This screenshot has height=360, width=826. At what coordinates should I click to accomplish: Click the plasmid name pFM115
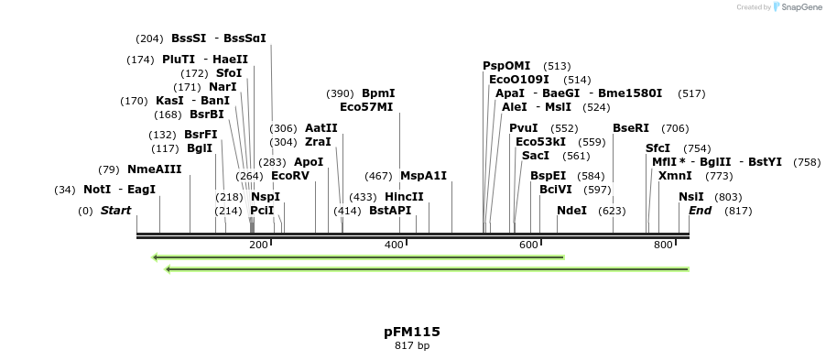coord(412,332)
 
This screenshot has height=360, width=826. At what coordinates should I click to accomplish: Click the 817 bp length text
coord(412,346)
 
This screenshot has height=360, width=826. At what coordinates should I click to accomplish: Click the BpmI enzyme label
coord(378,93)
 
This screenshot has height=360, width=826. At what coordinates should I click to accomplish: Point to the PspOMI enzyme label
coord(506,66)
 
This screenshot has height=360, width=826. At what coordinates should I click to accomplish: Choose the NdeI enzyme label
coord(571,211)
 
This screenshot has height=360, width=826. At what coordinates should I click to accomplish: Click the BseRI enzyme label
coord(630,128)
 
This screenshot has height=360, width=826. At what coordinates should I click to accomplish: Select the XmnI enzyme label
coord(675,176)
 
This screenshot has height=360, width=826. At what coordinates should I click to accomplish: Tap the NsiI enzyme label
coord(691,197)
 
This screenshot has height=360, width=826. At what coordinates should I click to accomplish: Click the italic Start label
coord(115,211)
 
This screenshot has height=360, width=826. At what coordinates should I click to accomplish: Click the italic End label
coord(700,211)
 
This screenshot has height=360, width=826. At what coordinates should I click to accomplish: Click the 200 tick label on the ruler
coord(259,245)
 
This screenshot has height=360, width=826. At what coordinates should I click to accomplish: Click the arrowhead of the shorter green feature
coord(157,257)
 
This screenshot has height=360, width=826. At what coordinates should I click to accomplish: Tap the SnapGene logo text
coord(799,7)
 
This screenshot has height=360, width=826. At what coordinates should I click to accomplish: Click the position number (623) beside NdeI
coord(612,211)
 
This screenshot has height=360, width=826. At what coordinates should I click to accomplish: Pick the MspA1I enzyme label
coord(423,176)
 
